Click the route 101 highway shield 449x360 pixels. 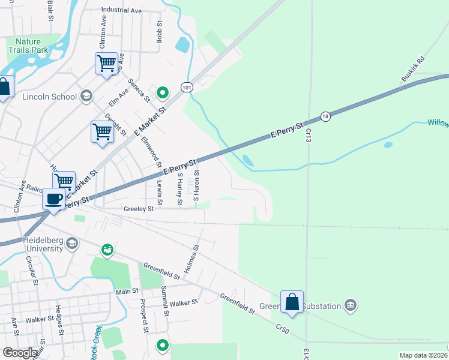[x=187, y=87]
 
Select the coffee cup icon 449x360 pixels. [x=54, y=199]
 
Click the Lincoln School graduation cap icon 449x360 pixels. [x=86, y=96]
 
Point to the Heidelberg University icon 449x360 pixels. [x=72, y=243]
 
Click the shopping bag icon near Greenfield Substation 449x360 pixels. [x=292, y=302]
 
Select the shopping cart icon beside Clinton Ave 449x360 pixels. [x=106, y=62]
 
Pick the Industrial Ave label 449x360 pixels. [x=121, y=10]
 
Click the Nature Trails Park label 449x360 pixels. [x=27, y=46]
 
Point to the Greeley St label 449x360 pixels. [x=139, y=209]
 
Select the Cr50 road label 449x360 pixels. [x=282, y=329]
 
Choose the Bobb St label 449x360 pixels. [x=160, y=34]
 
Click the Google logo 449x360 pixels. [x=19, y=353]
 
